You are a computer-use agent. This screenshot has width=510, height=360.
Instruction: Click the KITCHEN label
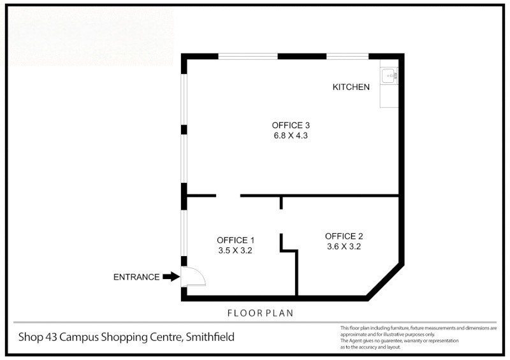coord(351,87)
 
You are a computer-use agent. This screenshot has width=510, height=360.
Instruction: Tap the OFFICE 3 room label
coord(291,125)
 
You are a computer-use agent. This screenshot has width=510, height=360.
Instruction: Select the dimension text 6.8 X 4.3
coord(291,135)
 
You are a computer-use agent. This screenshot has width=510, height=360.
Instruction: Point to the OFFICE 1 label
coord(236,240)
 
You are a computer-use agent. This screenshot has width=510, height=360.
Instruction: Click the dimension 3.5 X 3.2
coord(236,250)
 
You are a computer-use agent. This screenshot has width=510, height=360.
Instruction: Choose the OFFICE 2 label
coord(344,236)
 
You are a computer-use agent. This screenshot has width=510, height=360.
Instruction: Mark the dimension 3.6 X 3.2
coord(344,246)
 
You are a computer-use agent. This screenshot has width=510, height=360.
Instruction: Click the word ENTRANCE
coord(136,277)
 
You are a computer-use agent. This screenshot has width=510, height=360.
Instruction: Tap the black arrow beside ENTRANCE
coord(171,277)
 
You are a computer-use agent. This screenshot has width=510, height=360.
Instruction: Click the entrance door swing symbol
coord(194,276)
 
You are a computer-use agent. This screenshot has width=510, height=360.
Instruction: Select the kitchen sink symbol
coord(388,76)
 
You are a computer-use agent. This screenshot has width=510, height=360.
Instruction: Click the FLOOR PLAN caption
coord(260,313)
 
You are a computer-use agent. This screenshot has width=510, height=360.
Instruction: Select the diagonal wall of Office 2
coord(384,280)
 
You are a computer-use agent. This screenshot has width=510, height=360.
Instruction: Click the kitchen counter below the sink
coord(388,96)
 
